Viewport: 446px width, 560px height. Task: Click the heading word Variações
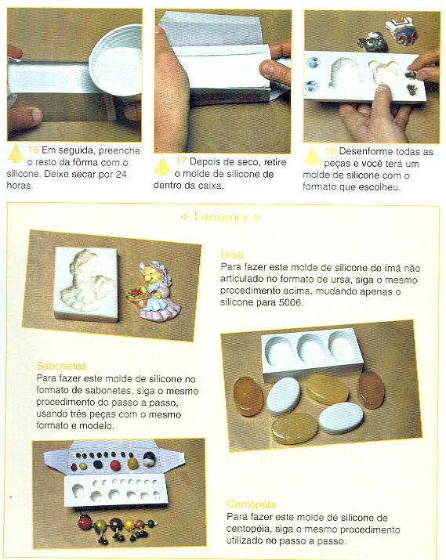pos(220,216)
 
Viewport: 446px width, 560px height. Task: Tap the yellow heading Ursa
pos(232,255)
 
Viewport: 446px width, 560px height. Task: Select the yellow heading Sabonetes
pos(61,366)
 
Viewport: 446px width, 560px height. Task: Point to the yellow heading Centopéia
pos(252,504)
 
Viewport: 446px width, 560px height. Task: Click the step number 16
pos(33,150)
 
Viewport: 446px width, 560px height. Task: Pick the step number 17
pos(181,161)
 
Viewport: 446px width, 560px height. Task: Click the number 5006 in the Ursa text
pos(289,303)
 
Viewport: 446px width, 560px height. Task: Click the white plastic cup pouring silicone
pos(115,60)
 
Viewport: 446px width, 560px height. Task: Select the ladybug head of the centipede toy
pos(85,522)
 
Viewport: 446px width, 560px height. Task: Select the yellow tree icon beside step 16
pos(16,154)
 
